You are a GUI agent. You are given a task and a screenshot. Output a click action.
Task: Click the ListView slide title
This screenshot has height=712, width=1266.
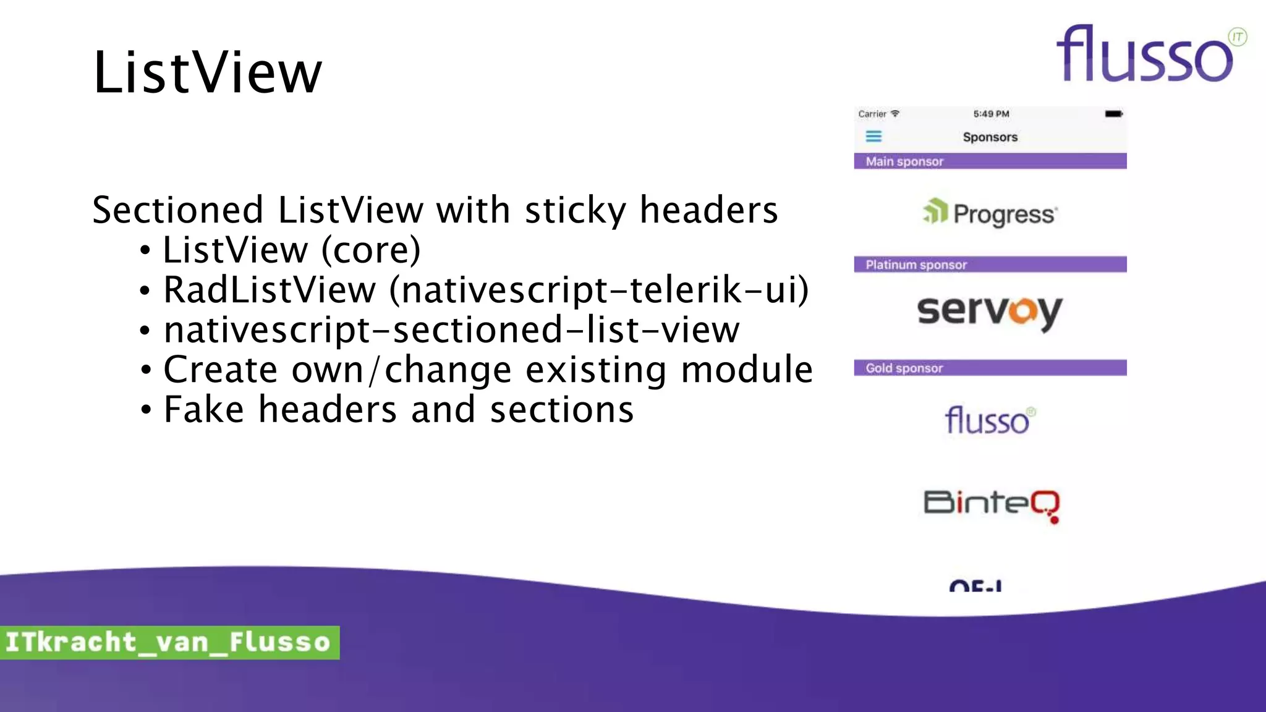point(208,73)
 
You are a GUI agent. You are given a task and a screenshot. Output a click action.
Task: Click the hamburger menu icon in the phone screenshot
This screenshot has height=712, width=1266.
point(873,137)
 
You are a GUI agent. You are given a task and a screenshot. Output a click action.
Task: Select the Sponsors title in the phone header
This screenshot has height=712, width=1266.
point(990,137)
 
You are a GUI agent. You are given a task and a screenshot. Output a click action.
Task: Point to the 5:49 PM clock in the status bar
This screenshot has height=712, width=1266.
point(991,114)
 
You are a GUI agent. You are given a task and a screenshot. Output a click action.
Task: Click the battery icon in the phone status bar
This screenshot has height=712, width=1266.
point(1113,114)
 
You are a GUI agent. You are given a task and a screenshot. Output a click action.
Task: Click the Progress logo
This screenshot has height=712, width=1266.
point(990,213)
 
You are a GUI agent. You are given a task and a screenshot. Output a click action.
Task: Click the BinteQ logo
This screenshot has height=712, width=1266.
point(992,504)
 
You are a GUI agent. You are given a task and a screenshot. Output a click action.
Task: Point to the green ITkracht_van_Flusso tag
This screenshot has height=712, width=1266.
point(169,642)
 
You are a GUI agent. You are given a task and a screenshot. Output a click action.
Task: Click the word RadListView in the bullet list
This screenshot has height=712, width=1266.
point(270,290)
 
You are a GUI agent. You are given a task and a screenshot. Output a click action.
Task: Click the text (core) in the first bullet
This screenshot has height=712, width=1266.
point(371,250)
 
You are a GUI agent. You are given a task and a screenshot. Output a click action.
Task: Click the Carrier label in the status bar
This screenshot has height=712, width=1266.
point(872,114)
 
